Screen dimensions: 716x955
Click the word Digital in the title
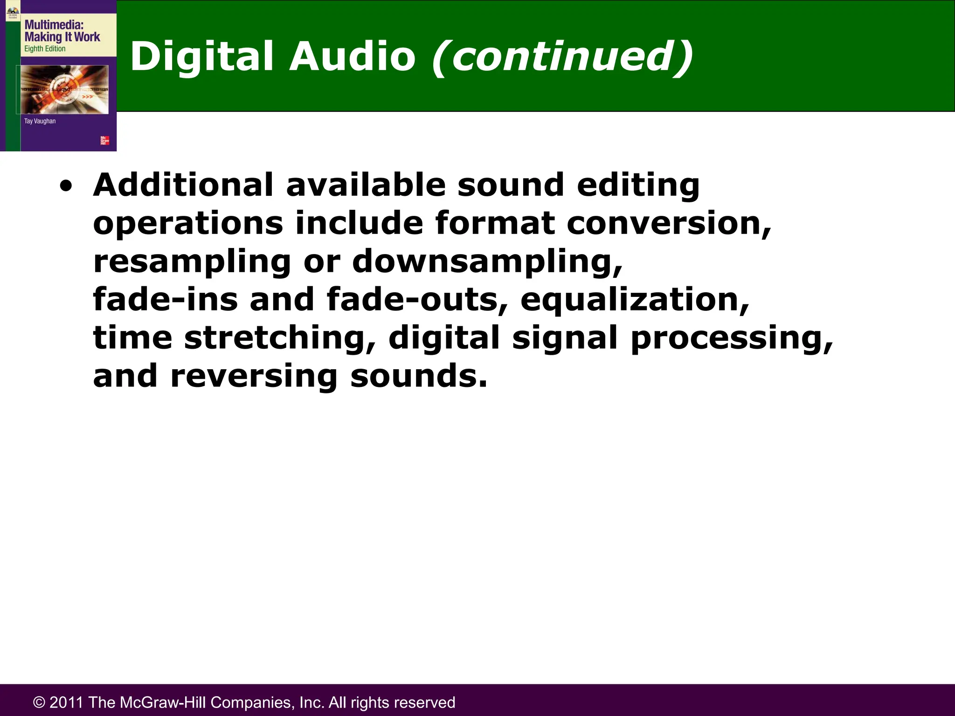tap(201, 57)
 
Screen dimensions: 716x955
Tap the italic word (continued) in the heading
tap(562, 57)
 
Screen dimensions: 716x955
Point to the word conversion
tap(669, 223)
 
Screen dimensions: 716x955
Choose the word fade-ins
tap(166, 300)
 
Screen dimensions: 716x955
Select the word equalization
tap(635, 300)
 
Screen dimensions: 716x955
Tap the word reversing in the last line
tap(254, 377)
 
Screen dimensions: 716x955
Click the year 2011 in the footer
tap(66, 702)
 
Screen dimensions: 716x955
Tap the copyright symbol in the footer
tap(39, 702)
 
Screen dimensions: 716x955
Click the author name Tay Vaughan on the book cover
tap(40, 121)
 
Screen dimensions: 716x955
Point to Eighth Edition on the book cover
tap(45, 49)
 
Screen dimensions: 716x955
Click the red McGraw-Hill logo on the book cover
tap(105, 140)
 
